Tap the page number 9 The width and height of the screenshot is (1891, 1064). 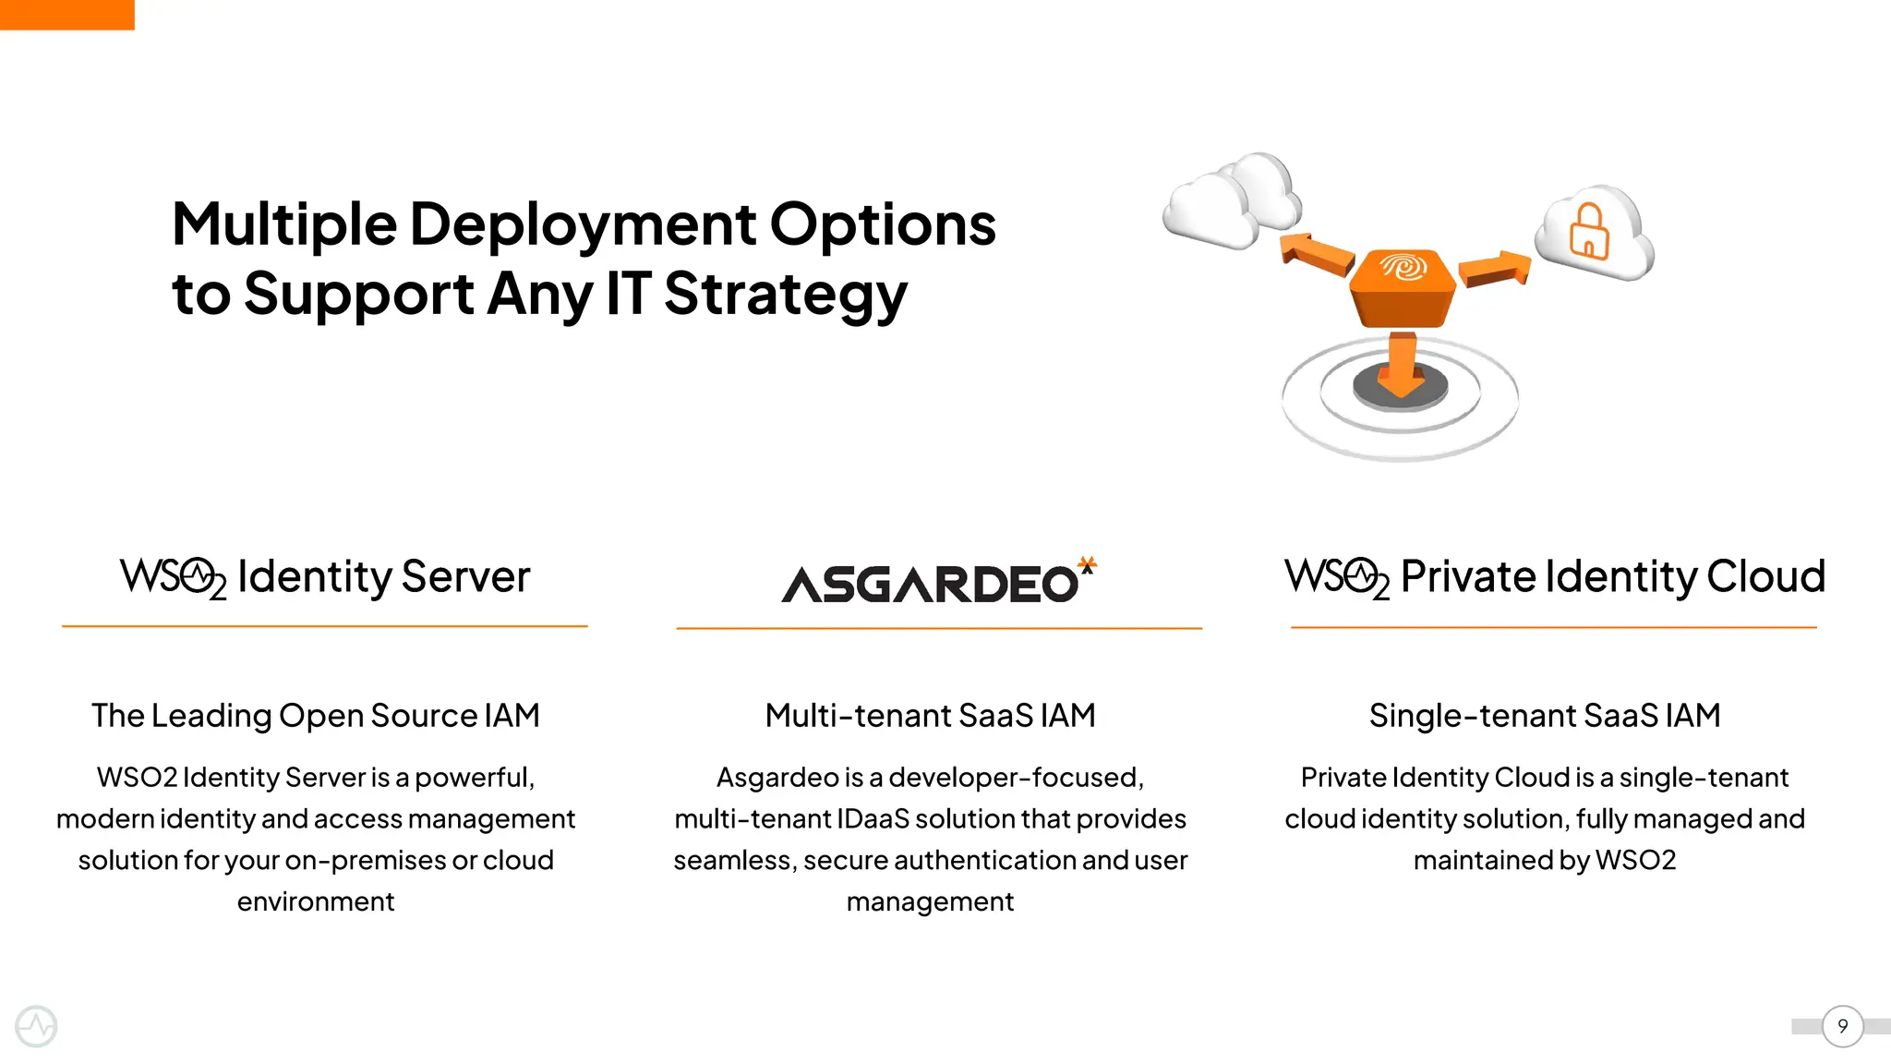coord(1842,1026)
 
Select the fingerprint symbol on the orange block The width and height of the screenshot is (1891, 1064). coord(1403,267)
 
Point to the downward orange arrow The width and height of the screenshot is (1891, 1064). coord(1402,366)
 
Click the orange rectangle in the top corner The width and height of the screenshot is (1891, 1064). coord(66,14)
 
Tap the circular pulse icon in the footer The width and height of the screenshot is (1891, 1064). coord(36,1026)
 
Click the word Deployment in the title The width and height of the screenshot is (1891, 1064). coord(583,224)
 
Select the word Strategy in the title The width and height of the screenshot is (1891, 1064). coord(785,295)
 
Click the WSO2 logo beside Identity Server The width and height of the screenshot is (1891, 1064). coord(173,577)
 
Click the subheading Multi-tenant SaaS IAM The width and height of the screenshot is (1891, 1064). coord(930,716)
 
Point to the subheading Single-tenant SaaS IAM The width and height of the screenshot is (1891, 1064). coord(1544,716)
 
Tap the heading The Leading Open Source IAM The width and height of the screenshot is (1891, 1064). coord(315,716)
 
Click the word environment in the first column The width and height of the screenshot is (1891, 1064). coord(315,901)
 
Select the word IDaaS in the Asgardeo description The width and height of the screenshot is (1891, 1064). coord(873,819)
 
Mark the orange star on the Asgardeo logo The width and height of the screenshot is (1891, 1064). coord(1088,563)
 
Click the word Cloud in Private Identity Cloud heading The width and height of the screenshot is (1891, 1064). coord(1765,577)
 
